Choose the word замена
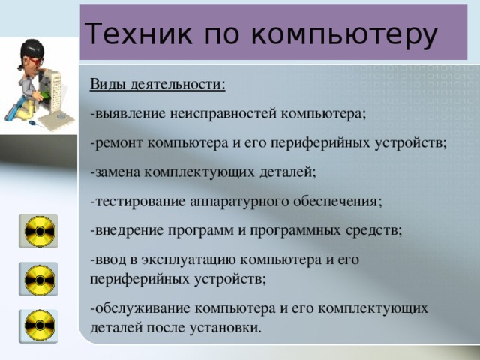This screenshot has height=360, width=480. (x=115, y=172)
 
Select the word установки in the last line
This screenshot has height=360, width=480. (x=226, y=328)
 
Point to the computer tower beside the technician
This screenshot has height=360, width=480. (x=50, y=97)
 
